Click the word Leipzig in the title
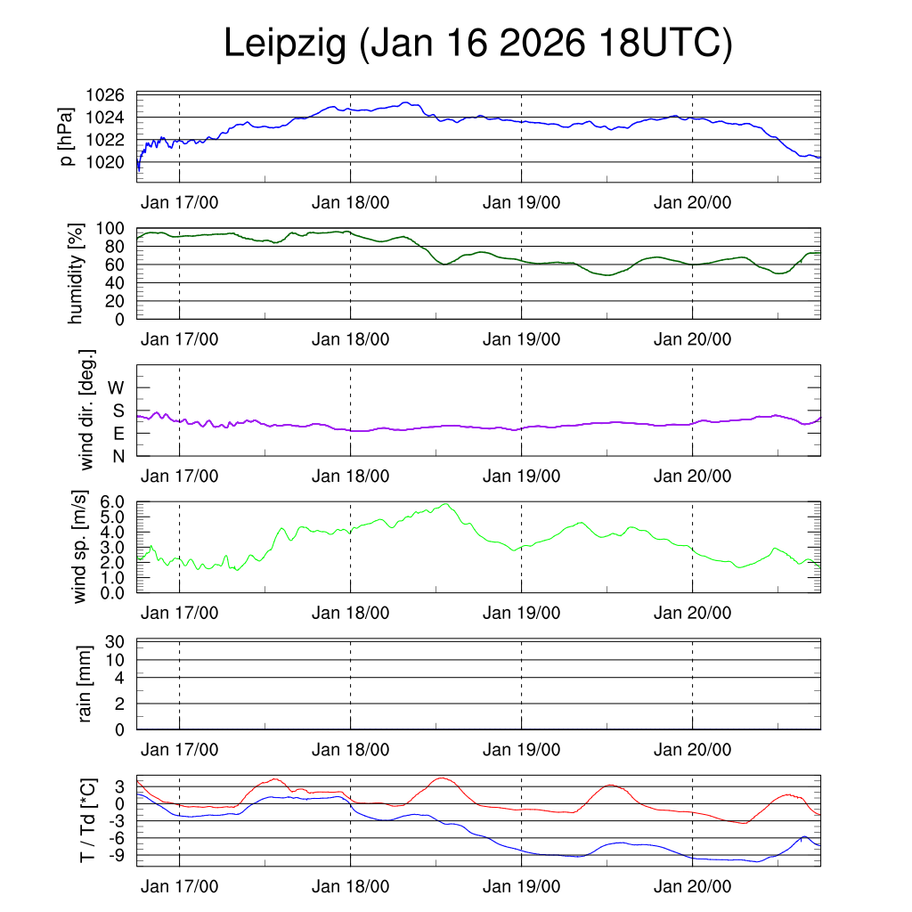coord(285,44)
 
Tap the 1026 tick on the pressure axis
coord(105,95)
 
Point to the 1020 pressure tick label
coord(105,162)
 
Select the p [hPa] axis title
coord(67,138)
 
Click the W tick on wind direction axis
coord(116,387)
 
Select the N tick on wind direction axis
coord(118,456)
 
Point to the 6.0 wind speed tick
coord(111,501)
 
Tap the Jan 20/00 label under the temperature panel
coord(692,886)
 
